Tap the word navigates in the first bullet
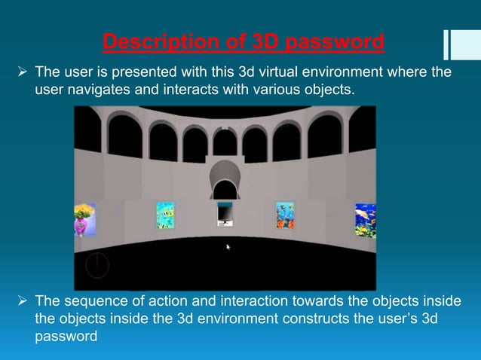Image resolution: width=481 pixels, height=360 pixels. (x=90, y=90)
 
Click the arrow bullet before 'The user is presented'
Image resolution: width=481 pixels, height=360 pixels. (x=21, y=72)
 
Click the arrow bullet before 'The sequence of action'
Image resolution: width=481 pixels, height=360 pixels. (x=21, y=301)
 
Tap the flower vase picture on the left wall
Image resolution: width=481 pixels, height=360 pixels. (x=84, y=219)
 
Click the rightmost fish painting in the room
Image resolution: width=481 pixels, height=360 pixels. (x=366, y=220)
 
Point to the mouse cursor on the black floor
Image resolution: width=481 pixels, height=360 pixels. (x=228, y=246)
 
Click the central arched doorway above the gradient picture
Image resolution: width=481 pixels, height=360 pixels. (x=225, y=181)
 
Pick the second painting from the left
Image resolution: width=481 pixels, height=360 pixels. (x=164, y=215)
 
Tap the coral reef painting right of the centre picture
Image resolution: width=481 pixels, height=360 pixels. (x=284, y=215)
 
